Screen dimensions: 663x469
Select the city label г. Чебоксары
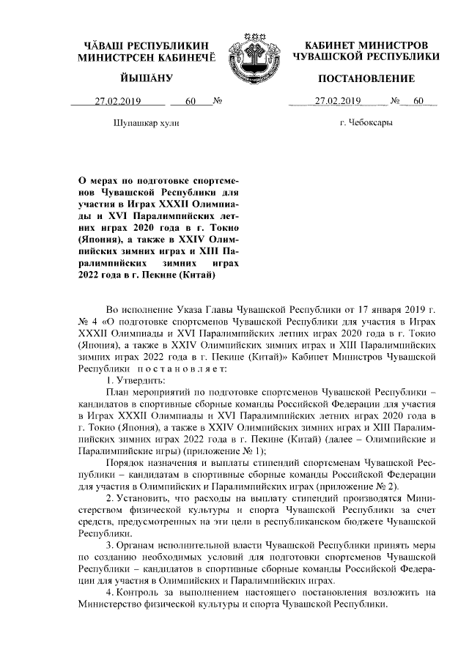[366, 122]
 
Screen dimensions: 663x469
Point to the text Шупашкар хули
[147, 122]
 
